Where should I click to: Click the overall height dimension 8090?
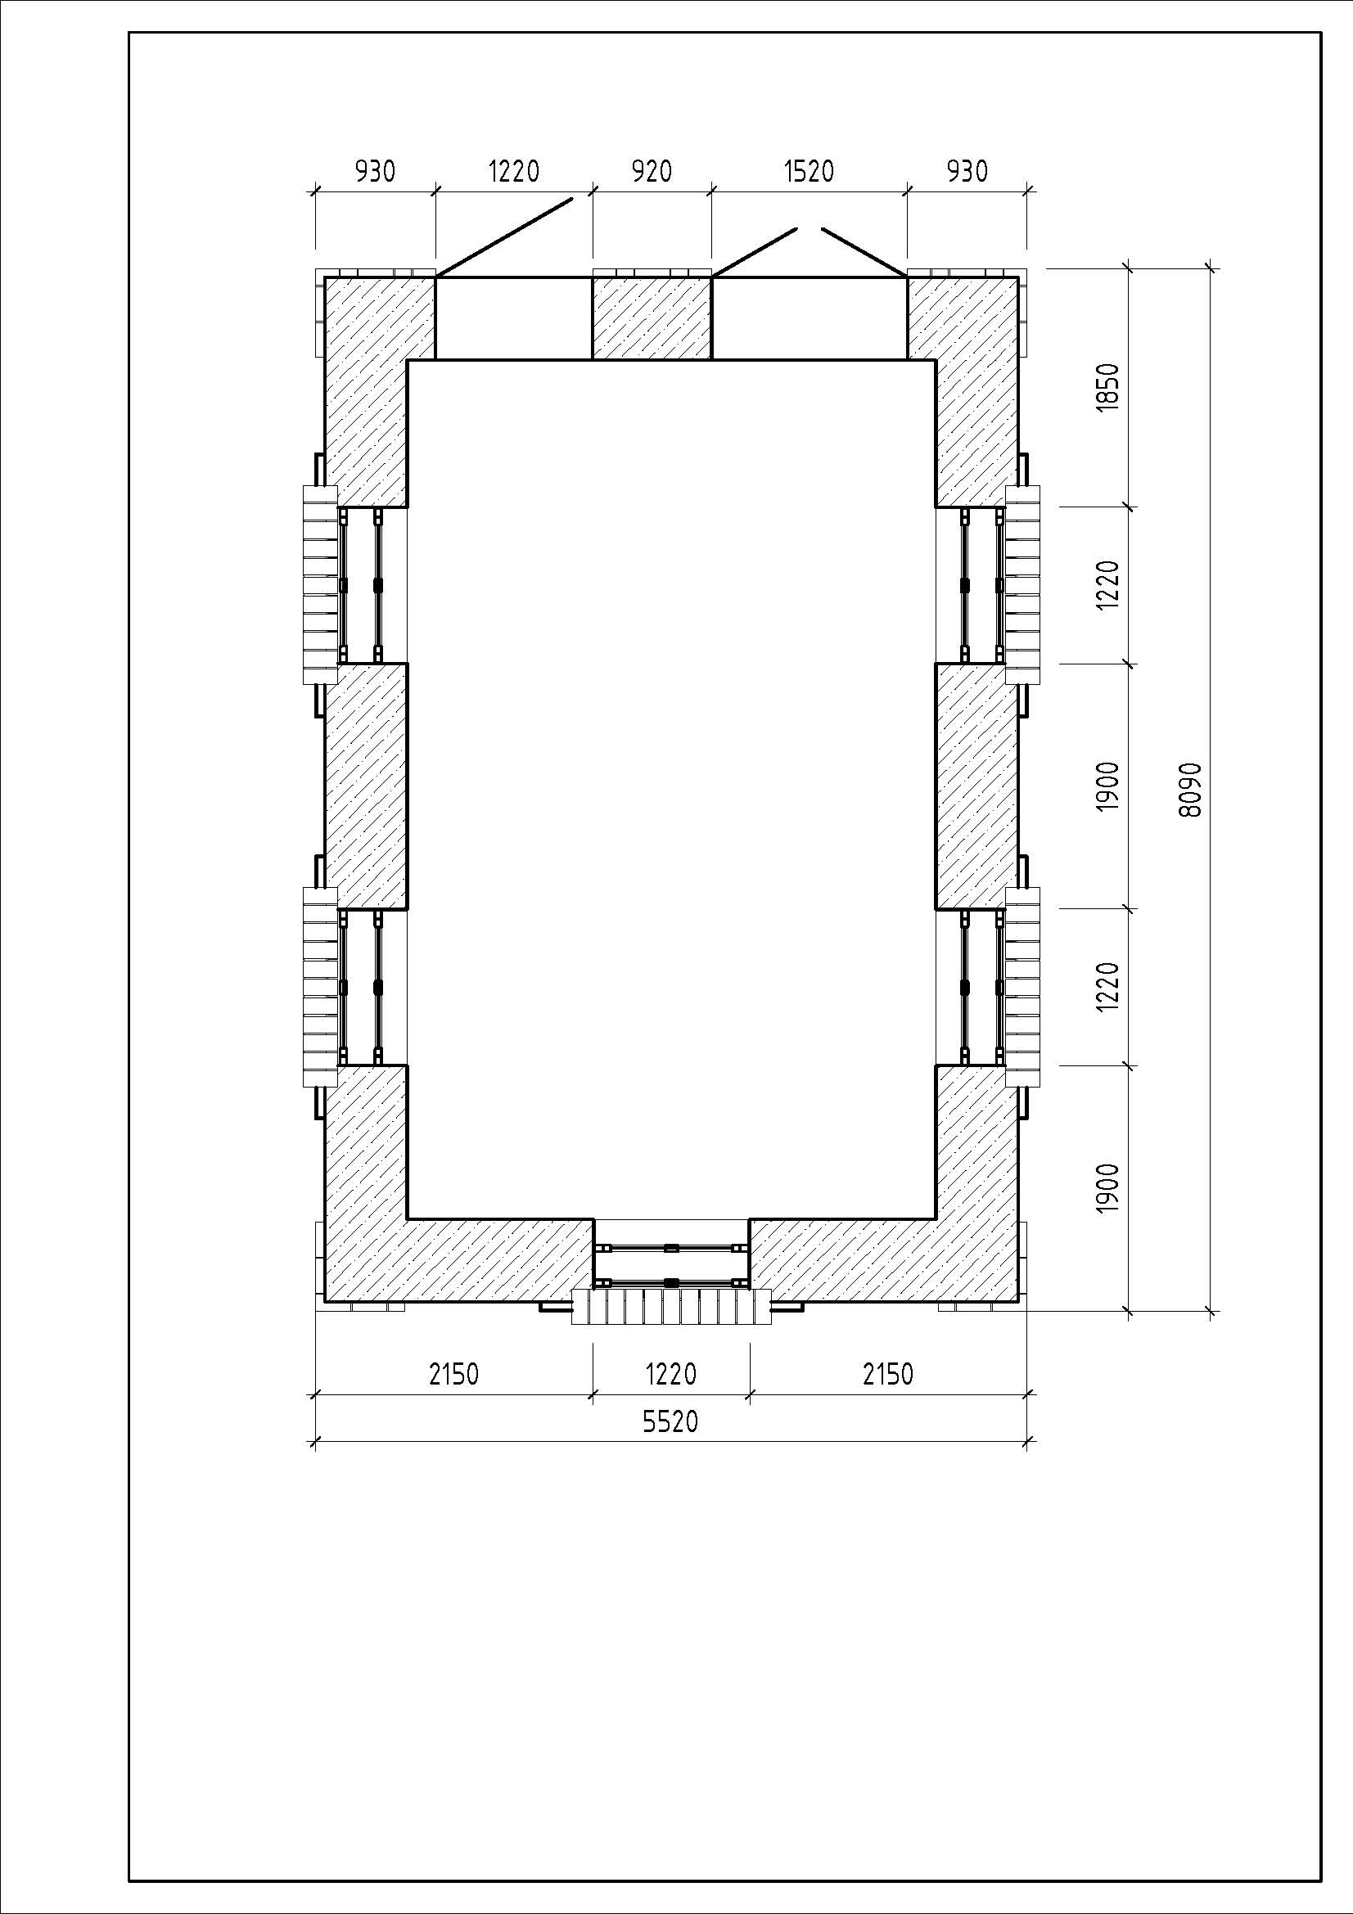point(1191,790)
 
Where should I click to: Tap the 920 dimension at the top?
point(651,172)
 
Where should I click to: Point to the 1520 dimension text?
point(809,172)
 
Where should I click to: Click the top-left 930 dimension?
point(375,172)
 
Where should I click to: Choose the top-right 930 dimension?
point(967,172)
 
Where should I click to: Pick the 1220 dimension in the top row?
point(513,172)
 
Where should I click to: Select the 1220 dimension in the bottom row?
point(670,1374)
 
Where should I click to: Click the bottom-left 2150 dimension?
point(453,1374)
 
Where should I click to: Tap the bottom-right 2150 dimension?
point(888,1374)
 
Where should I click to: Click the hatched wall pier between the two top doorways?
point(652,317)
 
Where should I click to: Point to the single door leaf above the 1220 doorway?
point(504,237)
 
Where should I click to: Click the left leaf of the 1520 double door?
point(755,253)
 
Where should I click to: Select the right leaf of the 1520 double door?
point(864,253)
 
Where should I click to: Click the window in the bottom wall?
point(671,1264)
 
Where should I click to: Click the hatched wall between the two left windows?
point(365,786)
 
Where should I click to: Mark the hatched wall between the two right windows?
point(977,786)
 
